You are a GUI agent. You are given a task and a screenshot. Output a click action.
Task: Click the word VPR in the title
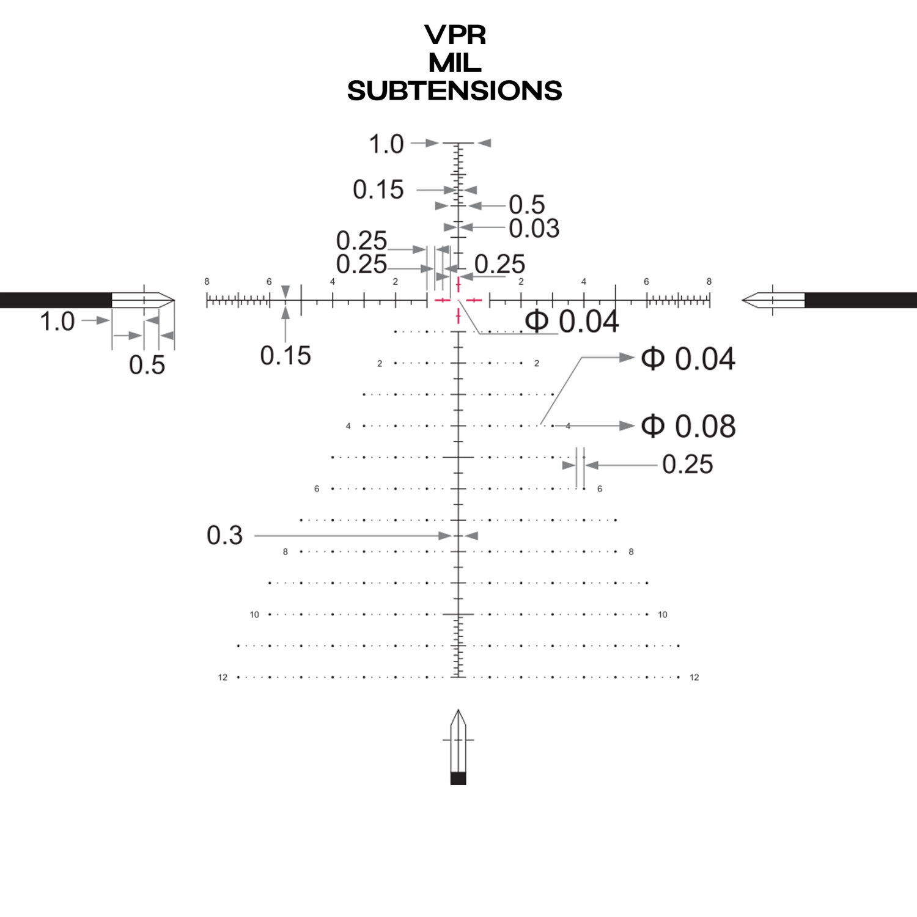point(455,35)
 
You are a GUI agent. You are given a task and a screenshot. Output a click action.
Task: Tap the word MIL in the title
point(455,63)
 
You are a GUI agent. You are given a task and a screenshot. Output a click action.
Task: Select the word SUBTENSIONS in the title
point(454,91)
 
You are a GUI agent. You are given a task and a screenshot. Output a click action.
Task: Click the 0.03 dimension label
point(534,229)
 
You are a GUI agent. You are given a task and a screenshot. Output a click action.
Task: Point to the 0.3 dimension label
point(224,536)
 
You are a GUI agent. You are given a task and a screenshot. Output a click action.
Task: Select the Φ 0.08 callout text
point(688,426)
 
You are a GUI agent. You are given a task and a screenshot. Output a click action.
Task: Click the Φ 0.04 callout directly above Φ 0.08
point(688,359)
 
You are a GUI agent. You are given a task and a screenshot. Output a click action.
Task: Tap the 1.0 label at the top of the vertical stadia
point(386,144)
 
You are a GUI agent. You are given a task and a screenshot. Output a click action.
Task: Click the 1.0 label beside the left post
point(57,322)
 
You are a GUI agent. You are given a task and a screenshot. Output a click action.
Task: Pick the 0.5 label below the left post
point(147,366)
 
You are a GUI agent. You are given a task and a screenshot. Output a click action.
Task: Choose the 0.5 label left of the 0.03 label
point(526,205)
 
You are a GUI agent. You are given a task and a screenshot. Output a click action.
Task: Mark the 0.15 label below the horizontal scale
point(285,356)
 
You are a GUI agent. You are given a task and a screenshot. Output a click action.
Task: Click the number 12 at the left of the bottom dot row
point(223,677)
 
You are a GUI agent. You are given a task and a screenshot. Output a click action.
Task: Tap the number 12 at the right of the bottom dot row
point(694,677)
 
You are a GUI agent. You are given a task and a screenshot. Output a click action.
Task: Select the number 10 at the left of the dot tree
point(254,614)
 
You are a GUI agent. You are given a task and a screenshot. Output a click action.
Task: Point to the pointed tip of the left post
point(172,300)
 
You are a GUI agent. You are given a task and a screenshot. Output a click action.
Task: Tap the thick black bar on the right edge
point(861,300)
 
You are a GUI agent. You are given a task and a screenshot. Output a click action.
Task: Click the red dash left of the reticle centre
point(442,300)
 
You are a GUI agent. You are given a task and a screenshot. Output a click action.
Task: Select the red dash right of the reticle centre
point(474,300)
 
